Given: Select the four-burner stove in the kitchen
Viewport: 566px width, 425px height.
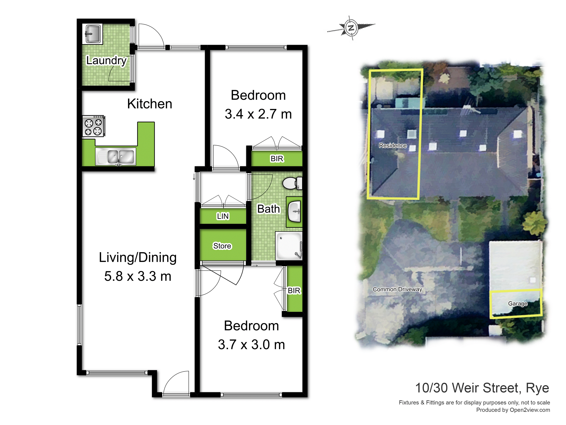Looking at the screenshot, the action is coord(93,126).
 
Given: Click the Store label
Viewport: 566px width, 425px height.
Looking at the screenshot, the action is coord(222,246).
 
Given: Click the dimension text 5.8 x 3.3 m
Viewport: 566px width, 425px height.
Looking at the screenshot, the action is coord(138,276).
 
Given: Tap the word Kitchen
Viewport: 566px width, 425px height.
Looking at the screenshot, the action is coord(150,104).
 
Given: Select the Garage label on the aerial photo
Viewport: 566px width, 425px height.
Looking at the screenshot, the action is coord(518,304).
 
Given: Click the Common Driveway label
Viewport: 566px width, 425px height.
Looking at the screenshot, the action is coord(397,290).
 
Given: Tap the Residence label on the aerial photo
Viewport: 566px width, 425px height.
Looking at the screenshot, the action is coord(393,146).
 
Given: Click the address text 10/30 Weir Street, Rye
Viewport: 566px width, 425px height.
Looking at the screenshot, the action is coord(482,388).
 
